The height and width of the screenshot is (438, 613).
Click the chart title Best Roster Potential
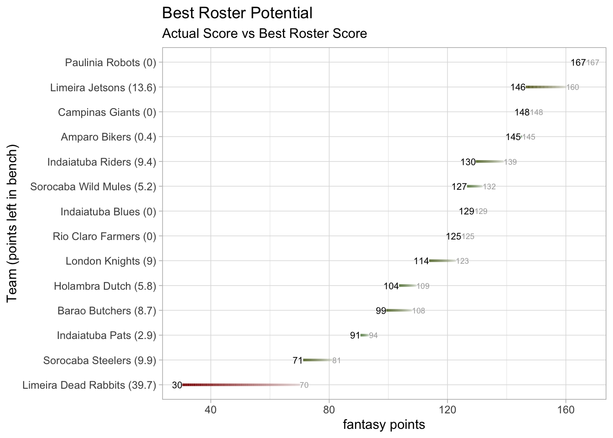click(237, 13)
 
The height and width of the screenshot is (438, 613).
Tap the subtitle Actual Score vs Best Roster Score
click(265, 34)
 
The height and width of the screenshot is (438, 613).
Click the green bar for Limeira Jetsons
click(545, 87)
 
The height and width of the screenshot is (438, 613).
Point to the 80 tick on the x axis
click(329, 410)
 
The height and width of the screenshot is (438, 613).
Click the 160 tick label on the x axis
click(566, 410)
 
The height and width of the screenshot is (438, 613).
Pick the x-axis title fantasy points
click(384, 425)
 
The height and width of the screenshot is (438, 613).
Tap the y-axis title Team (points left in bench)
click(12, 224)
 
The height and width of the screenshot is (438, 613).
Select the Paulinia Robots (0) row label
click(110, 63)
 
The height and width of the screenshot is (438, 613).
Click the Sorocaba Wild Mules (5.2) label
click(93, 187)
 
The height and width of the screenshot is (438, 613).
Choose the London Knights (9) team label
click(111, 261)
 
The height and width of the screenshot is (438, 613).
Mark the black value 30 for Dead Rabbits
click(177, 386)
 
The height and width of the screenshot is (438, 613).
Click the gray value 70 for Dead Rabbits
click(304, 386)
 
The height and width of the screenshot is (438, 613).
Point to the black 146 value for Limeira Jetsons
click(518, 88)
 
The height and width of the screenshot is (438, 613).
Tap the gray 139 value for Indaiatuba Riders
click(510, 162)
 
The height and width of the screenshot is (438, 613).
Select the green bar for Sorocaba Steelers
click(317, 360)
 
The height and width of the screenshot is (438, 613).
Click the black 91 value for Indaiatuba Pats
click(355, 336)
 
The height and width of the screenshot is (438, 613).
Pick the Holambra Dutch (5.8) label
click(105, 286)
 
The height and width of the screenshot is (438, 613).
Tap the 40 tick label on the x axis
click(210, 410)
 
